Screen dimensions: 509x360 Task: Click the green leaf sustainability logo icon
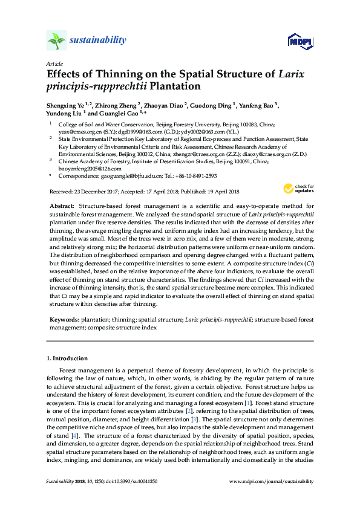coord(56,41)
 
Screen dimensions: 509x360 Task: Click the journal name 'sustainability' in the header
coord(98,41)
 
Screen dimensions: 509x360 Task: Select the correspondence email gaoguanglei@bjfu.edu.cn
coord(131,176)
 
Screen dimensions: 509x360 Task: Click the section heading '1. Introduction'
coord(67,358)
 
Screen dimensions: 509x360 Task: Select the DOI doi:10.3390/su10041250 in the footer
coord(128,481)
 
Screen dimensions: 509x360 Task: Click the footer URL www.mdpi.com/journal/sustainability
coord(271,481)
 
